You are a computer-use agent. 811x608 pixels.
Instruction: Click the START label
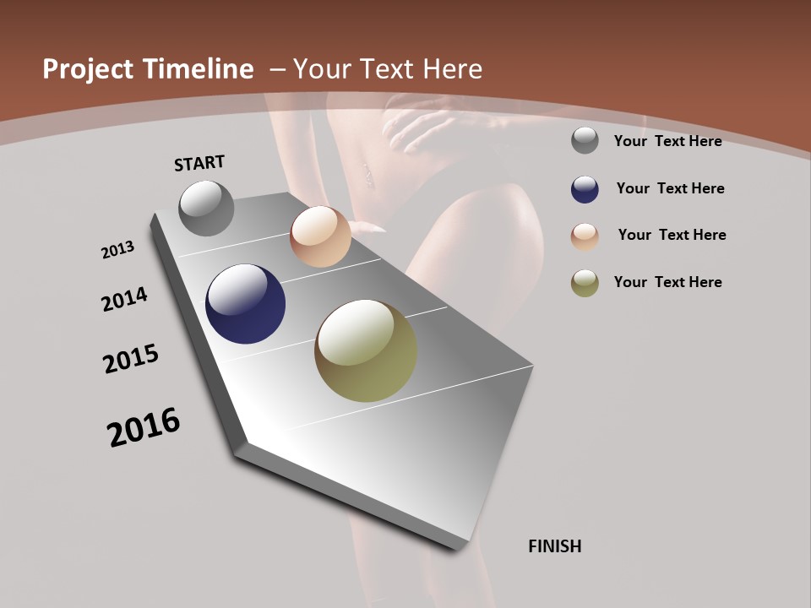(x=199, y=163)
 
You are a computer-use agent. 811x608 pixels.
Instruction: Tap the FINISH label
(x=555, y=546)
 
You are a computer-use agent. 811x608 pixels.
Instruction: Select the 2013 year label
(x=117, y=249)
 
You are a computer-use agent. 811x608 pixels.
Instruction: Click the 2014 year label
(x=124, y=299)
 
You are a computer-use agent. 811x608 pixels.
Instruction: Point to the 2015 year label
(x=131, y=359)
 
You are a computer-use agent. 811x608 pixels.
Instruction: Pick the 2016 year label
(x=144, y=427)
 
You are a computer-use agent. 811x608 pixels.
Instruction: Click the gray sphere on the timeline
(x=206, y=208)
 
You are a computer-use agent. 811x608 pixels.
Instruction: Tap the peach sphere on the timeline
(x=320, y=236)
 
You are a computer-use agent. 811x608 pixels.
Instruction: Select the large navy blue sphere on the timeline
(x=245, y=304)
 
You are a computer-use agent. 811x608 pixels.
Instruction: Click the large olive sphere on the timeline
(x=366, y=350)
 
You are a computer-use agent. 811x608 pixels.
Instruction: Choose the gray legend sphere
(x=585, y=141)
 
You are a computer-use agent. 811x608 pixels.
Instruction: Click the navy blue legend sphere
(x=585, y=188)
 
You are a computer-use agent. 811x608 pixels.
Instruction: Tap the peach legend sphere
(x=585, y=236)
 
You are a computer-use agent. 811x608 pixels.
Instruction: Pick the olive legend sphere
(x=585, y=283)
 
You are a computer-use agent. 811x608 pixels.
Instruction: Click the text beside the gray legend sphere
(x=667, y=141)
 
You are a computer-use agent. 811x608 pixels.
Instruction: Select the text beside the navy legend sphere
(x=670, y=188)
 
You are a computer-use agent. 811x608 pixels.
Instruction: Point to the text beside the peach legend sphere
(x=672, y=235)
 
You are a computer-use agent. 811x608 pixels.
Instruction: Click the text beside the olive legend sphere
(x=667, y=282)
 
